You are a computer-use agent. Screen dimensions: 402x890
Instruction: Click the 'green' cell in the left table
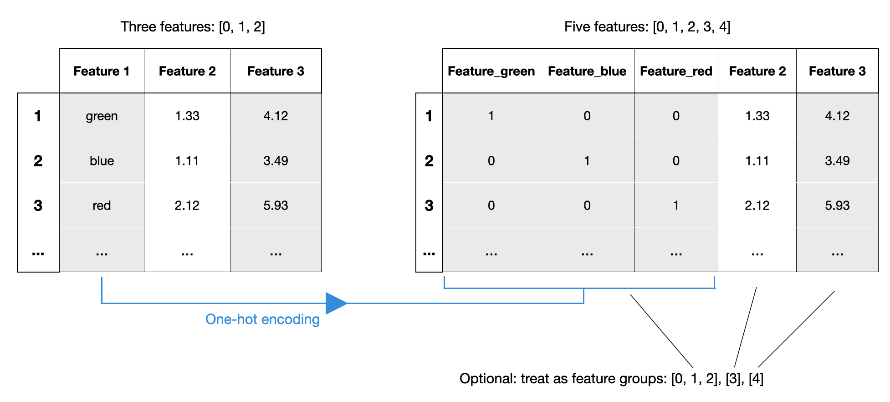pyautogui.click(x=102, y=116)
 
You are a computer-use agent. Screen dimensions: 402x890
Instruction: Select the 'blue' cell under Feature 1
pyautogui.click(x=102, y=161)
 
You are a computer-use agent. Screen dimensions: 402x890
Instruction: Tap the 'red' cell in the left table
pyautogui.click(x=102, y=206)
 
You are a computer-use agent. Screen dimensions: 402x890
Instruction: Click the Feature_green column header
pyautogui.click(x=491, y=71)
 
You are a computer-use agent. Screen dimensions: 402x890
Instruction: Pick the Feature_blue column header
pyautogui.click(x=587, y=71)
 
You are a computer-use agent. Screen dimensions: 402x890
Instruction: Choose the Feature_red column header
pyautogui.click(x=676, y=71)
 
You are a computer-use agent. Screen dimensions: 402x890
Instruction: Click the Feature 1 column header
pyautogui.click(x=102, y=71)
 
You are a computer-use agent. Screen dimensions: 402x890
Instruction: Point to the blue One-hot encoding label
pyautogui.click(x=262, y=320)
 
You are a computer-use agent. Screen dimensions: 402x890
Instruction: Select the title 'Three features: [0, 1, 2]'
pyautogui.click(x=193, y=27)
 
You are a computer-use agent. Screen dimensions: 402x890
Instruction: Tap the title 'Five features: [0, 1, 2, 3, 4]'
pyautogui.click(x=647, y=27)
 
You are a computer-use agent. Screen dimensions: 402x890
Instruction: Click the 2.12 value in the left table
pyautogui.click(x=187, y=206)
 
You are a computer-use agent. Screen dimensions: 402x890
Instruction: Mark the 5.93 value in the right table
pyautogui.click(x=837, y=206)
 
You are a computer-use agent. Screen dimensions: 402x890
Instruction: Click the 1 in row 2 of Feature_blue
pyautogui.click(x=587, y=161)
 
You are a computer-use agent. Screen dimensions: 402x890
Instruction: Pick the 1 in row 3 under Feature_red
pyautogui.click(x=676, y=206)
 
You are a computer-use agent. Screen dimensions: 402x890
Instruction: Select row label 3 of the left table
pyautogui.click(x=38, y=206)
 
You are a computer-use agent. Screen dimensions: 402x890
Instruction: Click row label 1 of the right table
pyautogui.click(x=429, y=116)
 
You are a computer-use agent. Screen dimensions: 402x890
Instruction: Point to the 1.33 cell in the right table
pyautogui.click(x=757, y=116)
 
